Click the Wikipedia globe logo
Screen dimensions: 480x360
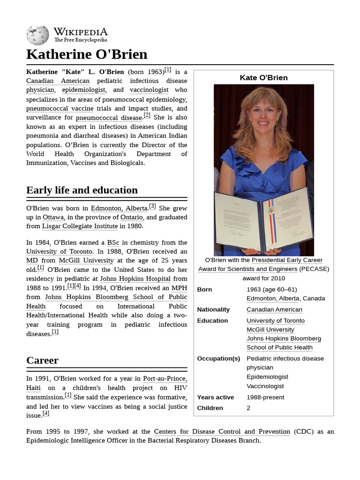(x=37, y=35)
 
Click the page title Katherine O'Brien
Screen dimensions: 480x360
(x=87, y=54)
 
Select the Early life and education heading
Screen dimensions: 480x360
(x=82, y=190)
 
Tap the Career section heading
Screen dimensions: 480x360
(x=42, y=360)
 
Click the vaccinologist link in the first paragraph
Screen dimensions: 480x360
(x=149, y=90)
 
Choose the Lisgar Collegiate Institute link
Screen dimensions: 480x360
(x=80, y=226)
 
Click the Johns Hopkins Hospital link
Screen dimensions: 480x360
(x=135, y=279)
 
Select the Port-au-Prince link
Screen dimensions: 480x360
(x=165, y=379)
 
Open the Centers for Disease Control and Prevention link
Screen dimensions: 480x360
(x=222, y=432)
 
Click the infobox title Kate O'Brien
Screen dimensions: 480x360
(x=263, y=78)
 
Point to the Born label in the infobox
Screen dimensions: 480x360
(x=204, y=290)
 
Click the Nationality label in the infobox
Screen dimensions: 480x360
(x=213, y=310)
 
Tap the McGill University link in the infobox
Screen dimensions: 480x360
(x=270, y=330)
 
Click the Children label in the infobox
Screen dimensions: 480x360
(x=210, y=408)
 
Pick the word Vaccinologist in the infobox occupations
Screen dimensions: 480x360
(x=265, y=386)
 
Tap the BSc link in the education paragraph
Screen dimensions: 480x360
(x=113, y=243)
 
